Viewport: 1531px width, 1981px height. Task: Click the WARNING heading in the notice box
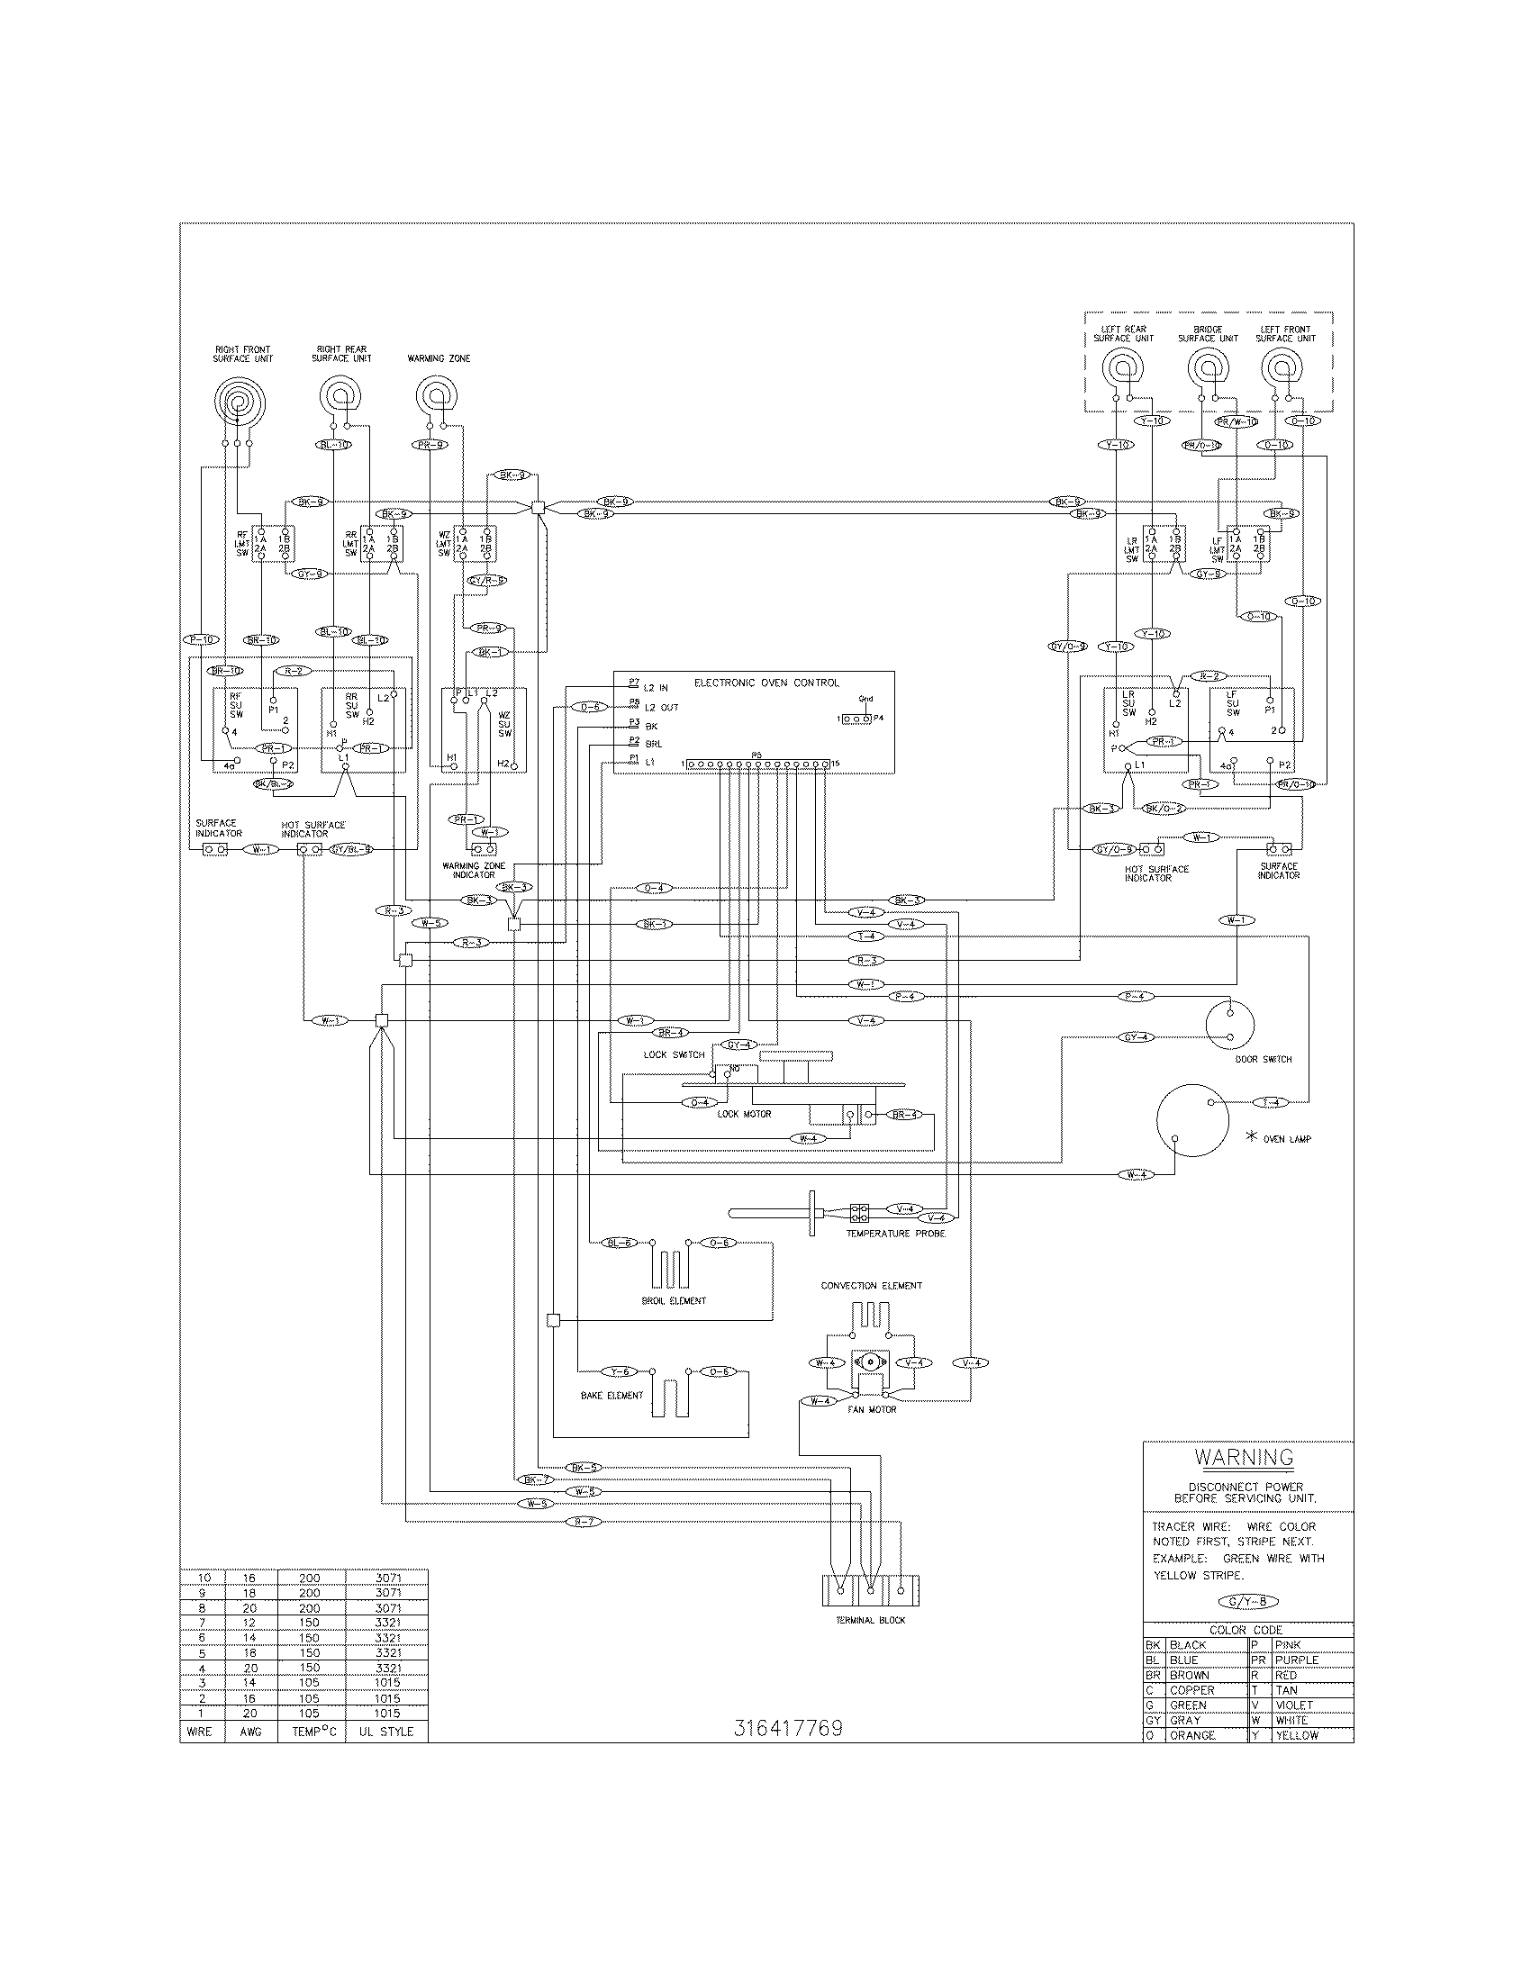[x=1244, y=1457]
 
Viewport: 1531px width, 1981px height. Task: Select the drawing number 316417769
[x=787, y=1728]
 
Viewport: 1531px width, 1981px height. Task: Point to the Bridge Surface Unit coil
[x=1208, y=369]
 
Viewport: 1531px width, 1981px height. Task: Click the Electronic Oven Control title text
[x=766, y=683]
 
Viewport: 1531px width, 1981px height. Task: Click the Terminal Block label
[x=870, y=1620]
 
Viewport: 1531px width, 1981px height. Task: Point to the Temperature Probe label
[x=895, y=1234]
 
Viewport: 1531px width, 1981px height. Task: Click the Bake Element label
[x=611, y=1396]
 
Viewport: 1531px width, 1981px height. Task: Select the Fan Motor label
[x=872, y=1409]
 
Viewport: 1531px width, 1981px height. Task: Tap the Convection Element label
[x=871, y=1285]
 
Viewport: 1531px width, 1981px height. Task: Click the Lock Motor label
[x=744, y=1114]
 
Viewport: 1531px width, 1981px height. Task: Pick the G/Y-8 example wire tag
[x=1248, y=1602]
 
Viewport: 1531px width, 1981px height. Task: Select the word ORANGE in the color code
[x=1192, y=1735]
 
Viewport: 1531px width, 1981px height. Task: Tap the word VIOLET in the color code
[x=1292, y=1705]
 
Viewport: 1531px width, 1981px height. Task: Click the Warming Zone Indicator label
[x=474, y=870]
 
